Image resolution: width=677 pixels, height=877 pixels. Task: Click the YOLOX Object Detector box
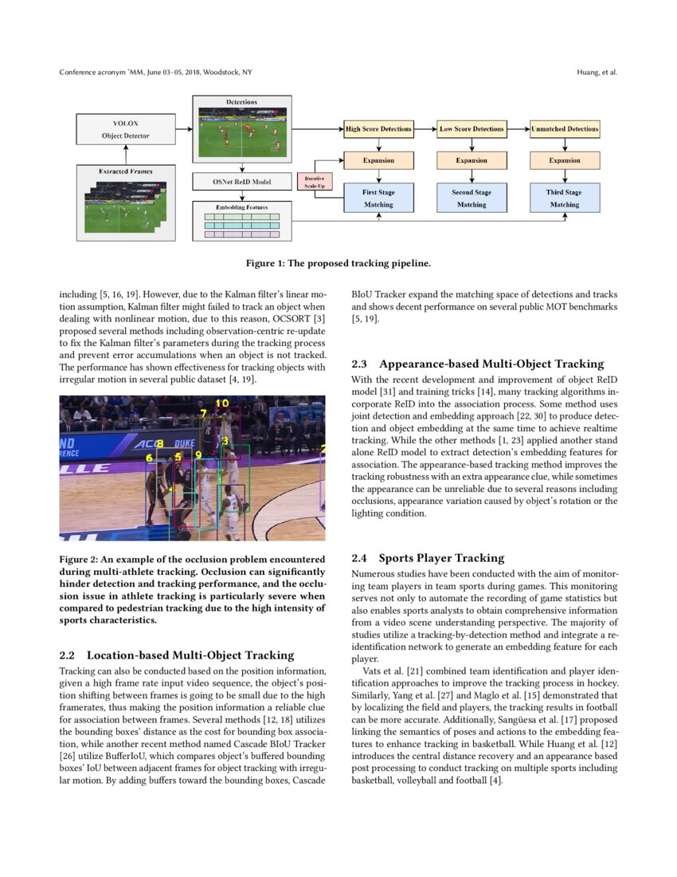(x=126, y=129)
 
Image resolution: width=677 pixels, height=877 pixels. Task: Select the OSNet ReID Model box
(x=242, y=182)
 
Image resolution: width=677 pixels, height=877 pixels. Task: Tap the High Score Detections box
(x=378, y=128)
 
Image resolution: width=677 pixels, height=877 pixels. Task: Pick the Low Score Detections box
(x=472, y=128)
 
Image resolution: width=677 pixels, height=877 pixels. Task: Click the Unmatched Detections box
(x=565, y=128)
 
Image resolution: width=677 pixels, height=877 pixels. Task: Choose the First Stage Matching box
(x=378, y=198)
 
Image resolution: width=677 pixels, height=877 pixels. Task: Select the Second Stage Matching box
(x=472, y=198)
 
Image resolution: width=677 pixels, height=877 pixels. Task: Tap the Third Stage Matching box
(x=565, y=198)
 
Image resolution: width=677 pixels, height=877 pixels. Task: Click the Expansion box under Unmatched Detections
(x=565, y=160)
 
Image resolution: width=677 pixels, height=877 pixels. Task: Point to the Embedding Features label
(x=242, y=207)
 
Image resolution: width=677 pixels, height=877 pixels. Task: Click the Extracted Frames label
(x=126, y=171)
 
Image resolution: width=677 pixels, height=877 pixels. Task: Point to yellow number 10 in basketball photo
(x=221, y=404)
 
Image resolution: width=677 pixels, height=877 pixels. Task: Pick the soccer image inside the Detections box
(x=242, y=132)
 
